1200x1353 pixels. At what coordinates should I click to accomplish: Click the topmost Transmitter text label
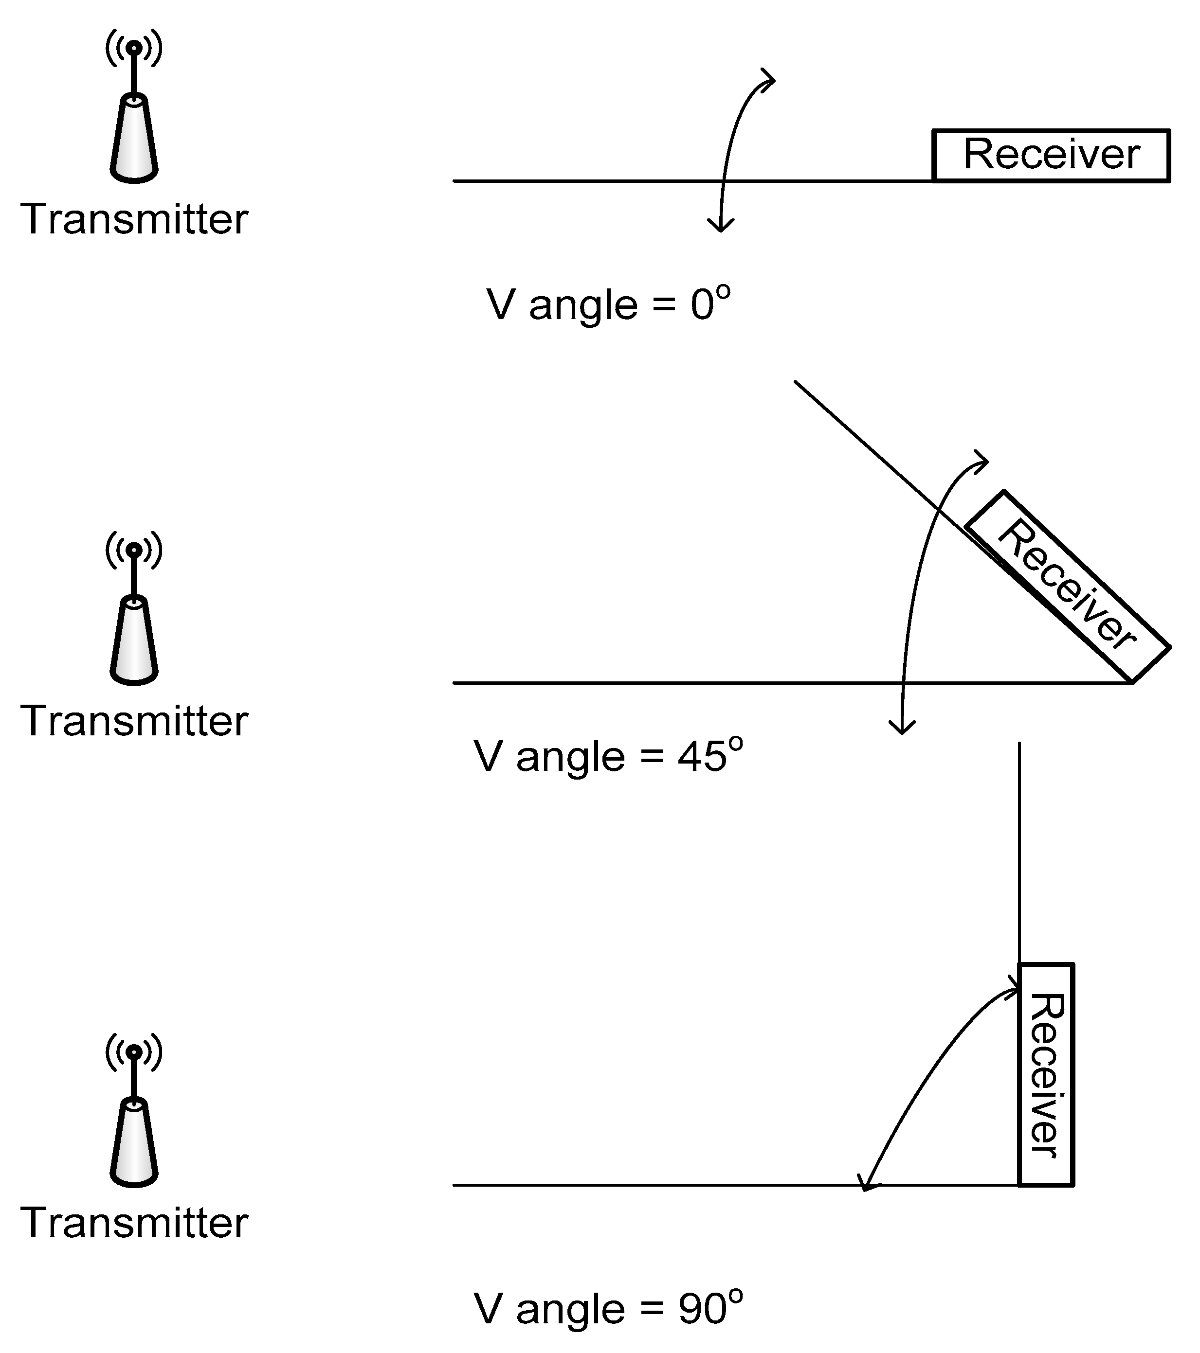134,219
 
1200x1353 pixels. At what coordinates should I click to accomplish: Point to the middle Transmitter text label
134,721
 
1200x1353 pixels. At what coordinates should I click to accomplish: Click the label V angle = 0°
608,304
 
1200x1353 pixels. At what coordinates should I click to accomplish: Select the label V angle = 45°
608,757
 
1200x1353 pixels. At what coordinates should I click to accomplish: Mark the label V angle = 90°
608,1309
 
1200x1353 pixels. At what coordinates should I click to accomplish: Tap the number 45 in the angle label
701,757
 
